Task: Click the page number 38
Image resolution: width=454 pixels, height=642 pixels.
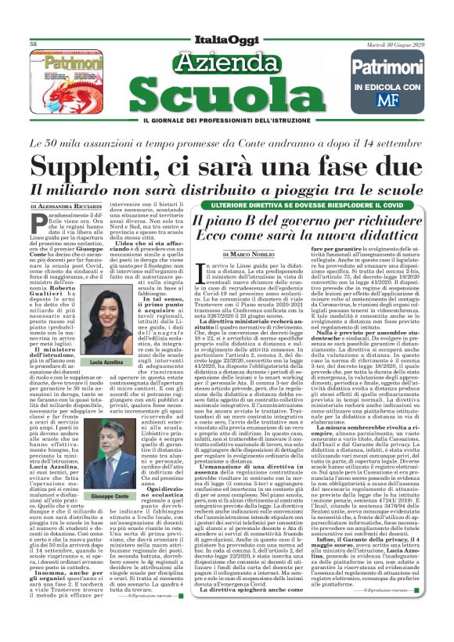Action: [x=34, y=45]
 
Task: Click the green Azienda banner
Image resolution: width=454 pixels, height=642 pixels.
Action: [x=226, y=63]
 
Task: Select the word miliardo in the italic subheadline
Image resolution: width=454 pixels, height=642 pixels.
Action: [x=91, y=189]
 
